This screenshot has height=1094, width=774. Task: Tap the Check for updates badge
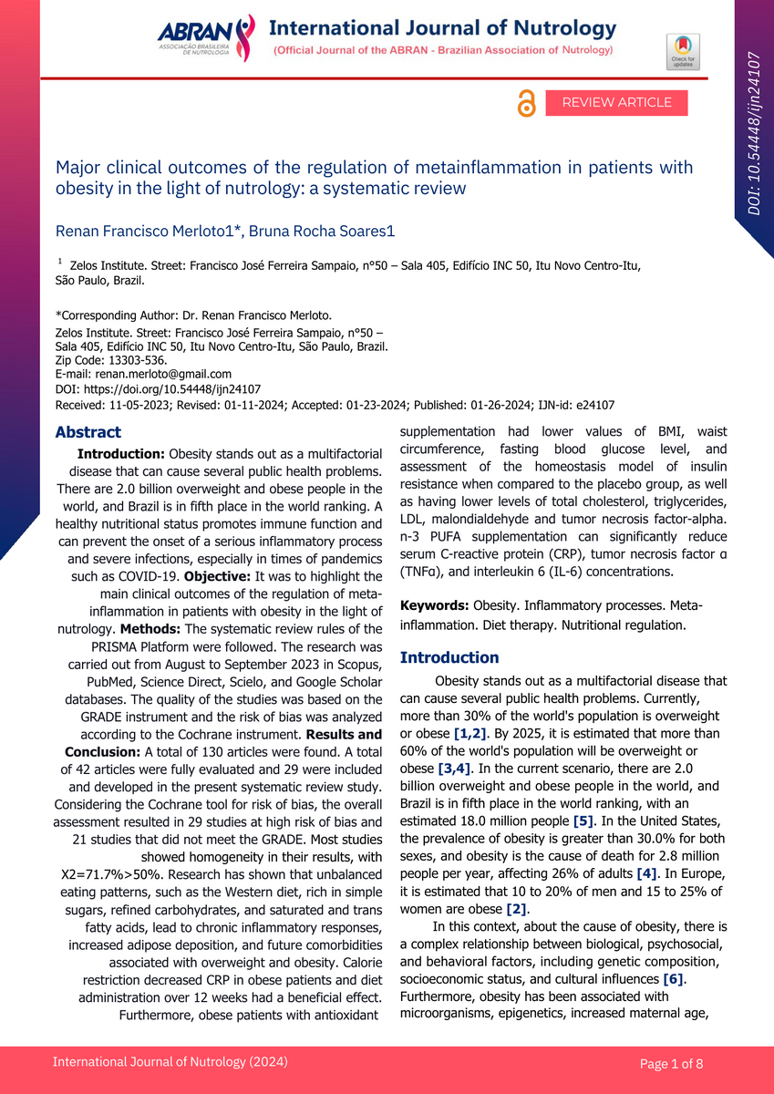[683, 51]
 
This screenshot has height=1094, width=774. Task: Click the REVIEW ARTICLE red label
[616, 103]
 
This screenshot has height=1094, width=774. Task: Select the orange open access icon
[526, 104]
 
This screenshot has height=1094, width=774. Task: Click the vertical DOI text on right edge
[754, 133]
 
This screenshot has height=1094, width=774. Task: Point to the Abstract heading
[88, 432]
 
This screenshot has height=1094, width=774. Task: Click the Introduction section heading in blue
[449, 657]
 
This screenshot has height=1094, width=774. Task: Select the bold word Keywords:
[434, 606]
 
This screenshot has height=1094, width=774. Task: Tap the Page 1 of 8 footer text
[671, 1063]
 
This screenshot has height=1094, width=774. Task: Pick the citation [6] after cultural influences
[674, 979]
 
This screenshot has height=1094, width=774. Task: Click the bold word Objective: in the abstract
[219, 576]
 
